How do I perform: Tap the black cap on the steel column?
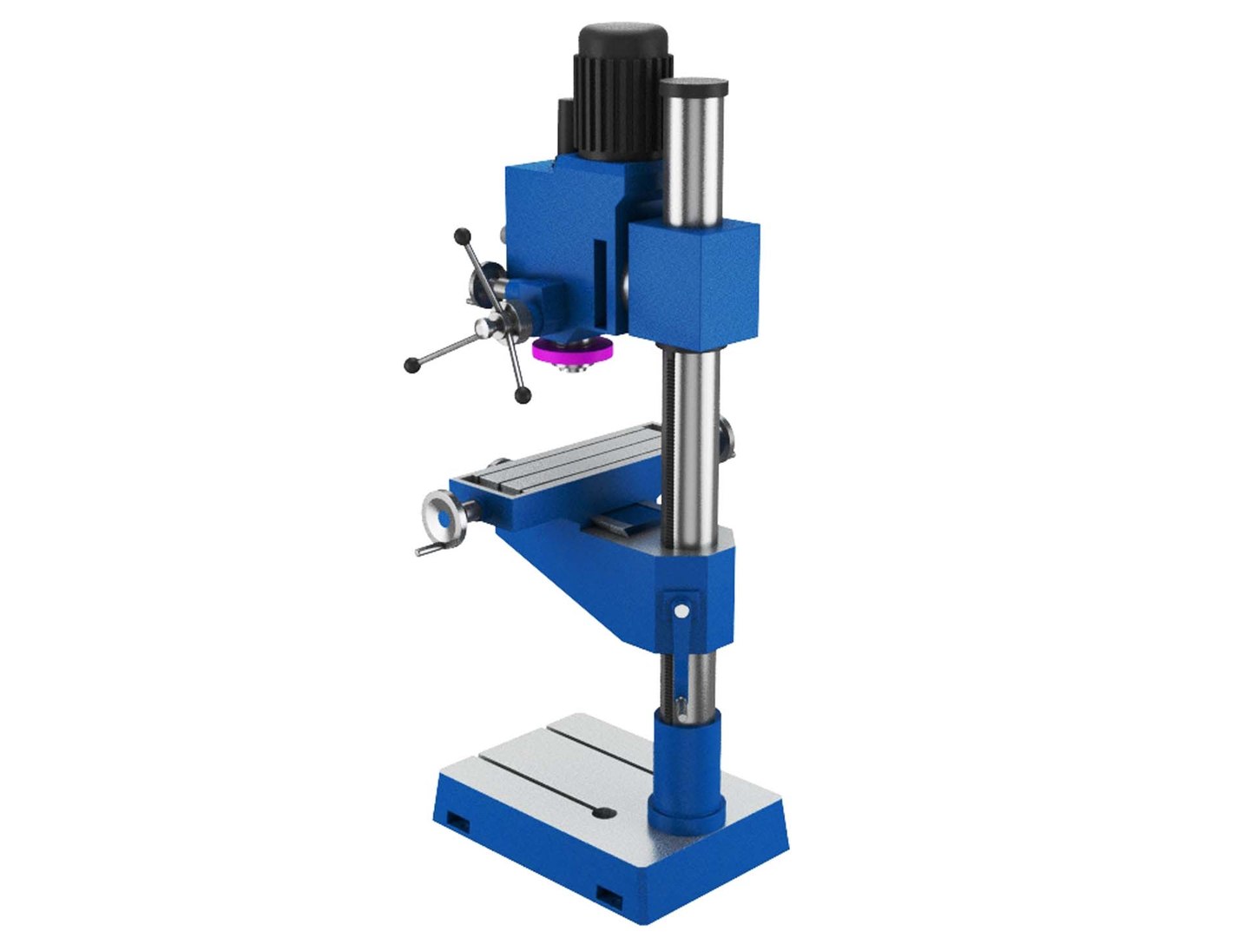[693, 87]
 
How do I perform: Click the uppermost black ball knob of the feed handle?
[462, 235]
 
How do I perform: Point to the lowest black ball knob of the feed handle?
[522, 396]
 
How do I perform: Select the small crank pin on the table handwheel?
[424, 551]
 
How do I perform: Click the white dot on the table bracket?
[681, 611]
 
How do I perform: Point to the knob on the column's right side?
[727, 439]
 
